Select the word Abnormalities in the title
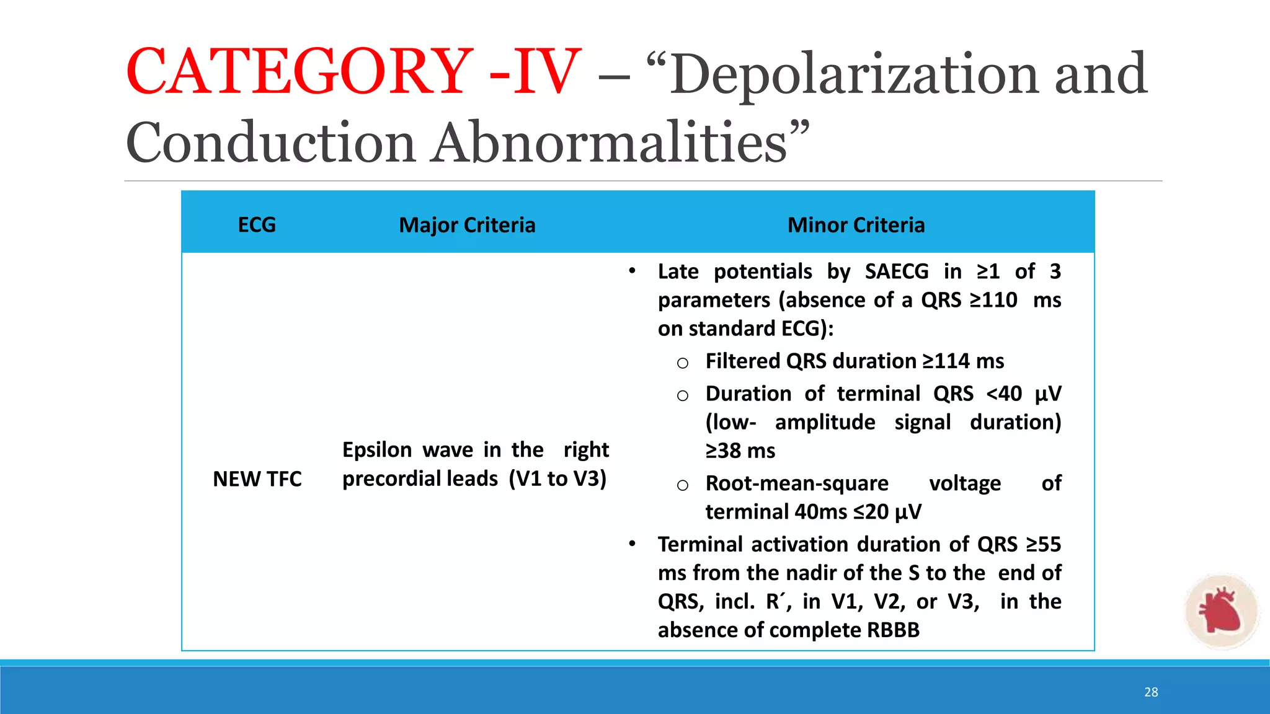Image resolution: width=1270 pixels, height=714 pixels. tap(610, 143)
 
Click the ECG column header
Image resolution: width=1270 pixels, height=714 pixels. tap(257, 224)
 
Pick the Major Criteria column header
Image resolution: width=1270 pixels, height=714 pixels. tap(467, 224)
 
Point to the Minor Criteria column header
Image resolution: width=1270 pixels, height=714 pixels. tap(856, 224)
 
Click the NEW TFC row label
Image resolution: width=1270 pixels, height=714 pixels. tap(257, 478)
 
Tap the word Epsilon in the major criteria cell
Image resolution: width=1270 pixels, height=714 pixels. tap(376, 449)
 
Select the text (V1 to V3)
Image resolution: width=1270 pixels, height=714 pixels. tap(557, 478)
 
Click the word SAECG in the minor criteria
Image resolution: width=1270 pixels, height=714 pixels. tap(897, 271)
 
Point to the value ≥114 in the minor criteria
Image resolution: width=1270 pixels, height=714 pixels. tap(945, 361)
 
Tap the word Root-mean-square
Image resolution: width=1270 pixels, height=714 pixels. tap(797, 483)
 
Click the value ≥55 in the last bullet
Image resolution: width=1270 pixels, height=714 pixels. tap(1044, 544)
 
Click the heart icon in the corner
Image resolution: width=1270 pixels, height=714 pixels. tap(1220, 610)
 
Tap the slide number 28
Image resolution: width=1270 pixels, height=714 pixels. tap(1151, 692)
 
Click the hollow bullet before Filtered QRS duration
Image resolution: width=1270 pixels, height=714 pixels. tap(683, 363)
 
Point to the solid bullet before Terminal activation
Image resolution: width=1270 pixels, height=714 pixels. tap(632, 544)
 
